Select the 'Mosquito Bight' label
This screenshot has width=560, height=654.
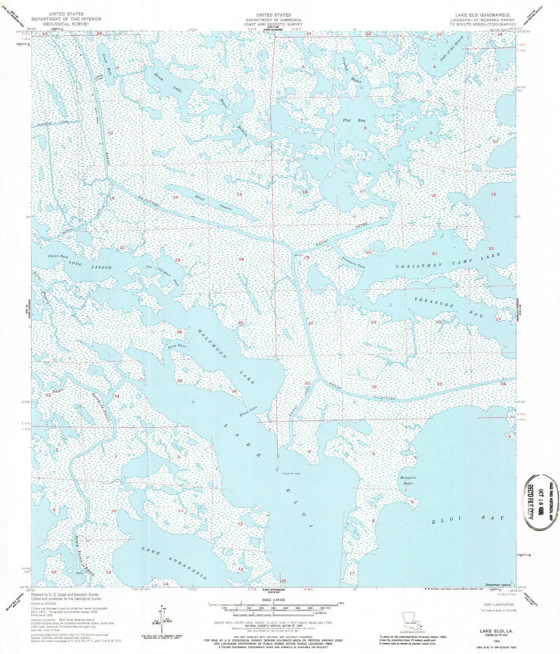[x=408, y=480]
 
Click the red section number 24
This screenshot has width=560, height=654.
[x=241, y=259]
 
